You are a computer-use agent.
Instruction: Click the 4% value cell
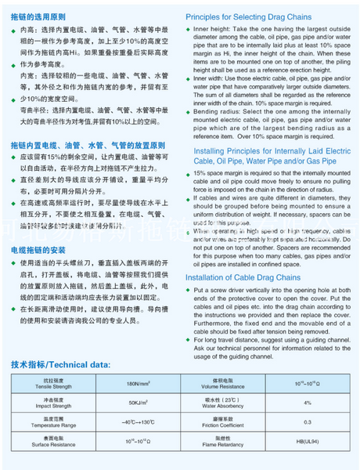tap(308, 403)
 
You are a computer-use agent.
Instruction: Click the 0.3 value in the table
tap(308, 423)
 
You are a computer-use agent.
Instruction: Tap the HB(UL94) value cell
tap(308, 443)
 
